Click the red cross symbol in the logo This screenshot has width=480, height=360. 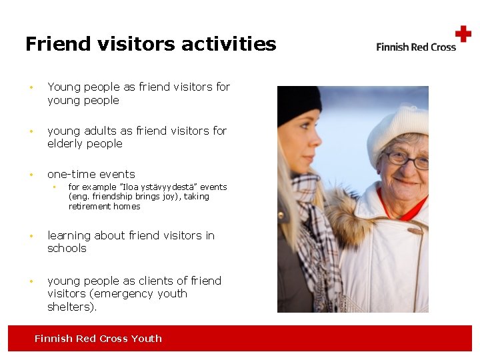tap(463, 34)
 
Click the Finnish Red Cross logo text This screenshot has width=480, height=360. tap(416, 47)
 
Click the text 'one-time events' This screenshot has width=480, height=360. tap(91, 174)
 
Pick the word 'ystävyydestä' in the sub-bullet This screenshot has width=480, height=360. tap(156, 187)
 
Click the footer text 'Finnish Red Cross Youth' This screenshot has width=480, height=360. tap(98, 339)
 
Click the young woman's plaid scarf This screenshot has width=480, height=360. tap(318, 233)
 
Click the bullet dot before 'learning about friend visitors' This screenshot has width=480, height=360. tap(31, 236)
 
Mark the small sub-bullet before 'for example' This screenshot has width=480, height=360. tap(54, 187)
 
